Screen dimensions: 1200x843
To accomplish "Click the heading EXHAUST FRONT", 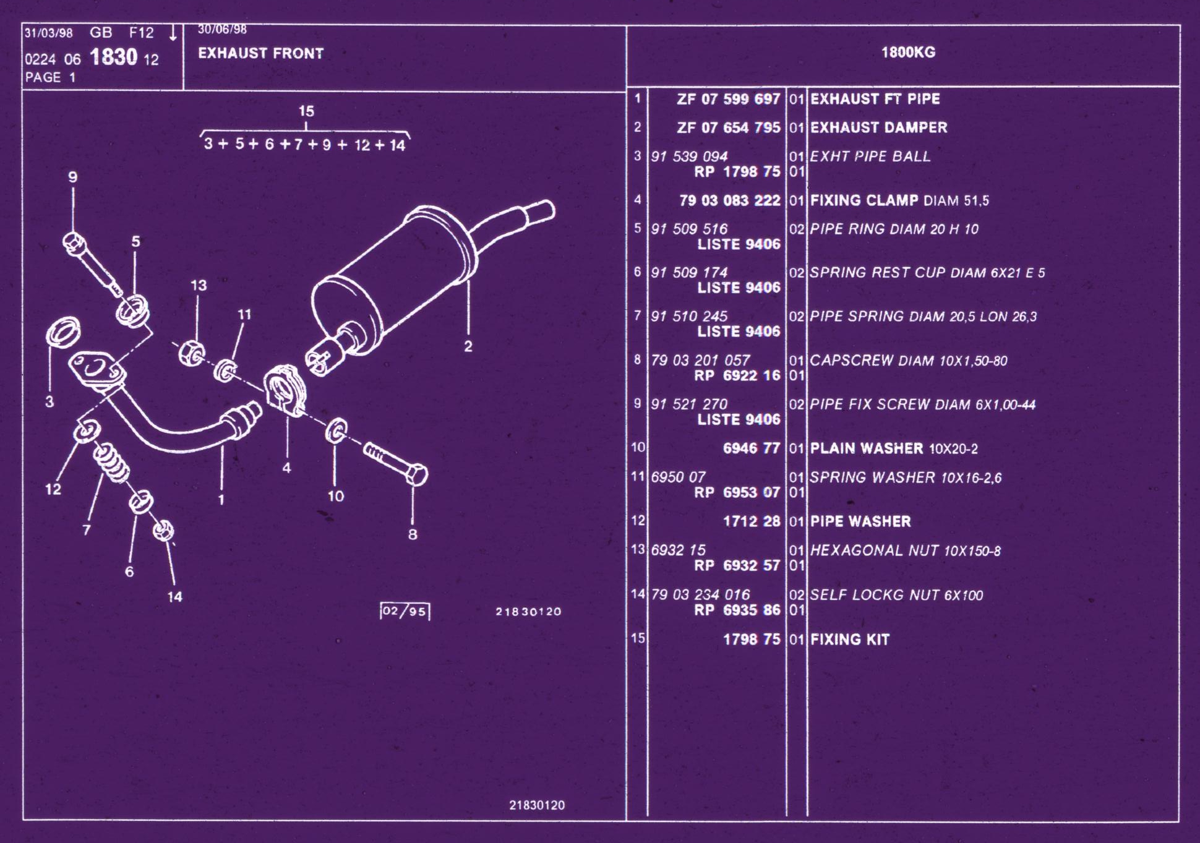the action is [x=260, y=53].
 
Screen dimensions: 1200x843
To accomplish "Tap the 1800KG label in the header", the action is [x=908, y=52].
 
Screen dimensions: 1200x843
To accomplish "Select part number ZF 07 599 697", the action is [x=728, y=99].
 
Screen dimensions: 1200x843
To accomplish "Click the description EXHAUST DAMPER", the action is [x=878, y=127].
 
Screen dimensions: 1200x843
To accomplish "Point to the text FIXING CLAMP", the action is [x=864, y=200].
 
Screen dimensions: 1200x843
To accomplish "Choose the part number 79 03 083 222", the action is [x=730, y=200].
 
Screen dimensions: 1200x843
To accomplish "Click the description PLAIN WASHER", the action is [x=867, y=448].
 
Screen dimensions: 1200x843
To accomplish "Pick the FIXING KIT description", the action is [x=850, y=640].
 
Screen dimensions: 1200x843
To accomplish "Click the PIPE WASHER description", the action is [x=860, y=521].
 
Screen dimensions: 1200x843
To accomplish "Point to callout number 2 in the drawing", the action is [x=468, y=346].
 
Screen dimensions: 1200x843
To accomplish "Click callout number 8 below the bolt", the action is [x=413, y=534].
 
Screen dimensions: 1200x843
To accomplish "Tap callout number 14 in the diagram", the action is [x=175, y=597].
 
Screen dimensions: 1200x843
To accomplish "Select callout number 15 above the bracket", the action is [x=306, y=111].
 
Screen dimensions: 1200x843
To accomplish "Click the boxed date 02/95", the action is [x=405, y=611].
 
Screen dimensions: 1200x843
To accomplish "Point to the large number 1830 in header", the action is [x=113, y=57].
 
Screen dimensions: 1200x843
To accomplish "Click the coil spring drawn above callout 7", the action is [x=111, y=461].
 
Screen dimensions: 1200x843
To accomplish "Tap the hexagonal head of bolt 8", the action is [x=416, y=475].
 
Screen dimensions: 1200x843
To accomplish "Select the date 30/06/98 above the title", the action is [x=222, y=30].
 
